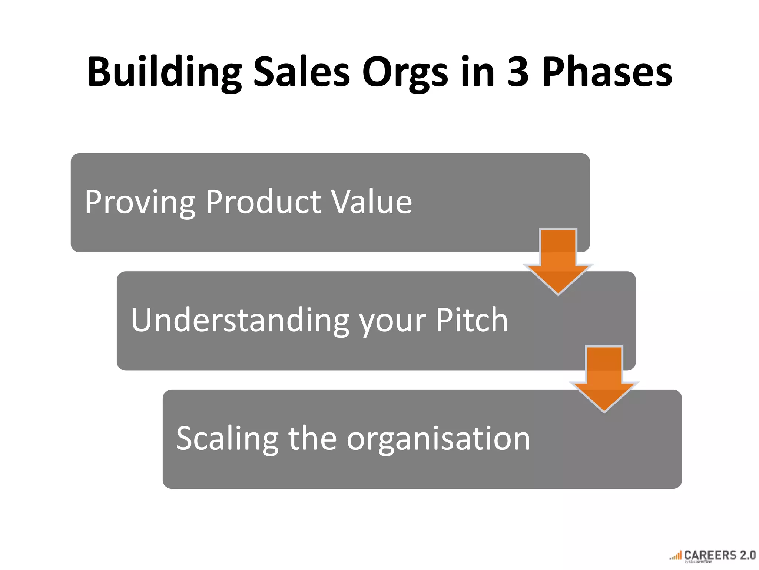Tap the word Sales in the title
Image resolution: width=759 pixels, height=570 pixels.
pos(301,72)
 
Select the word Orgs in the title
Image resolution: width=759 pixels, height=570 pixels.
pos(405,72)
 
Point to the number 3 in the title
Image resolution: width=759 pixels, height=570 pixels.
pos(518,72)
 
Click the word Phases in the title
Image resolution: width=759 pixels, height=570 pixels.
pos(607,72)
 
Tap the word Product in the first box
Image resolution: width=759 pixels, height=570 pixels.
pos(263,202)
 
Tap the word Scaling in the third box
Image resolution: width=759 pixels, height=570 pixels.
pos(227,439)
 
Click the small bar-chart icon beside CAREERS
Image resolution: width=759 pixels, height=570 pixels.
pos(676,556)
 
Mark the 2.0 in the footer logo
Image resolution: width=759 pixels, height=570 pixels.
pos(747,555)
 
